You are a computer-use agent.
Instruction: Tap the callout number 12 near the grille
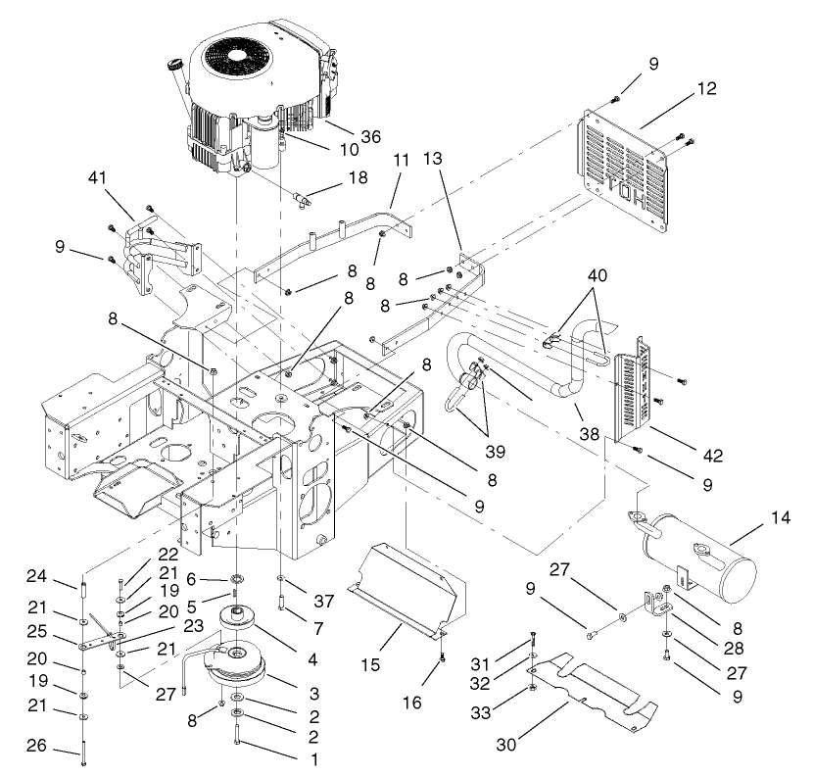click(x=707, y=88)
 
